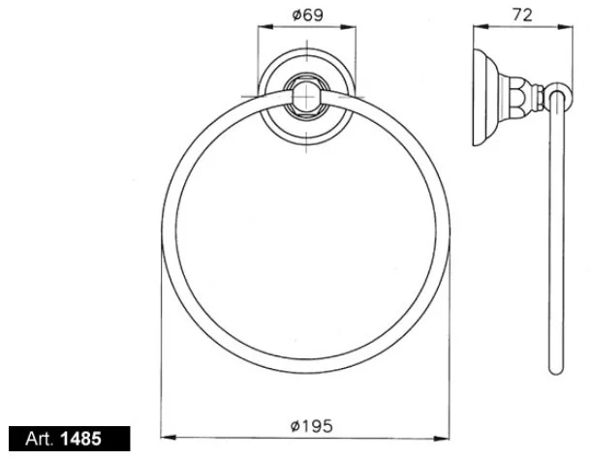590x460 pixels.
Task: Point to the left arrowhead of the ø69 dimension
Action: point(262,31)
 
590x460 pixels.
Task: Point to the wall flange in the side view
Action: point(481,96)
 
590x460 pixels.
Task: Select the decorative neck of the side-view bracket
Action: point(528,96)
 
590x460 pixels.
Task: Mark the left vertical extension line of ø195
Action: point(161,339)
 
